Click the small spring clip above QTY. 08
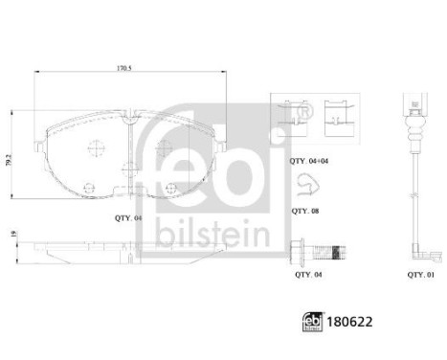303,185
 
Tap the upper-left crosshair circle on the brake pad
96,147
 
